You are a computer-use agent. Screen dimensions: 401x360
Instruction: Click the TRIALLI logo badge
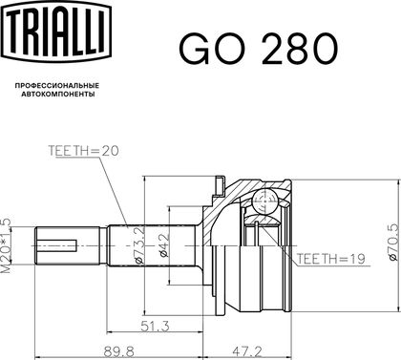[x=57, y=30]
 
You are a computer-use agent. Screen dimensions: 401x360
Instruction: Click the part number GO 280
[x=259, y=50]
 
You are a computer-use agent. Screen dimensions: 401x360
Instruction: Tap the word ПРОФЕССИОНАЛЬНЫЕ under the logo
[x=57, y=86]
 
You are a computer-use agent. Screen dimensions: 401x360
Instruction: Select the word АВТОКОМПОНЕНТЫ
[x=57, y=95]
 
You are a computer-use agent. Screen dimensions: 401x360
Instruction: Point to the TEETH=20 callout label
[x=83, y=151]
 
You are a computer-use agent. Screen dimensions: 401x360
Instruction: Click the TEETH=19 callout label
[x=330, y=259]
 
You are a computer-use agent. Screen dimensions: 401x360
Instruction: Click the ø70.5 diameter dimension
[x=393, y=243]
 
